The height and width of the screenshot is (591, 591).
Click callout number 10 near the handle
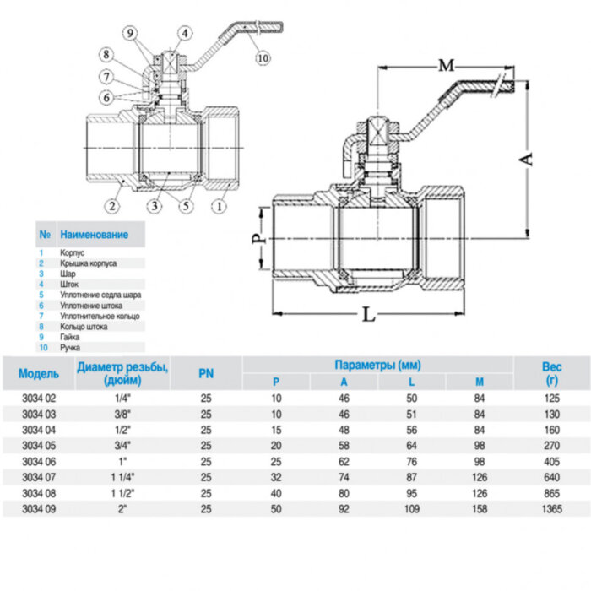click(x=263, y=57)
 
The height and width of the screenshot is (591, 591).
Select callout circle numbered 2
click(x=111, y=204)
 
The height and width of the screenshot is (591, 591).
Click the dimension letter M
click(x=447, y=65)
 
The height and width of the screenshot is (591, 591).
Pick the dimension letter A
click(x=527, y=159)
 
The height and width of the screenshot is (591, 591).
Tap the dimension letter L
click(x=368, y=315)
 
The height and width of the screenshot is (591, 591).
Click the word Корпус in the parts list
click(x=73, y=252)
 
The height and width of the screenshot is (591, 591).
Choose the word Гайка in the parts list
click(x=70, y=336)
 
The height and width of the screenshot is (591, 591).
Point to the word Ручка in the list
click(x=71, y=347)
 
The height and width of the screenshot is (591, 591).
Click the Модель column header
click(x=39, y=373)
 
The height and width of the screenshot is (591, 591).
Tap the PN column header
click(x=206, y=373)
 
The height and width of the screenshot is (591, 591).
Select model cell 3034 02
click(x=38, y=396)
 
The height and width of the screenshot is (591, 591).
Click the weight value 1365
click(x=550, y=509)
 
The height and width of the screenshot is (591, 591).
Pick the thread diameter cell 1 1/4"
click(x=122, y=477)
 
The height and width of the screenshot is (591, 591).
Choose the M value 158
click(x=479, y=509)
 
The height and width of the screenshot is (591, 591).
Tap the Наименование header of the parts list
click(x=95, y=234)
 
